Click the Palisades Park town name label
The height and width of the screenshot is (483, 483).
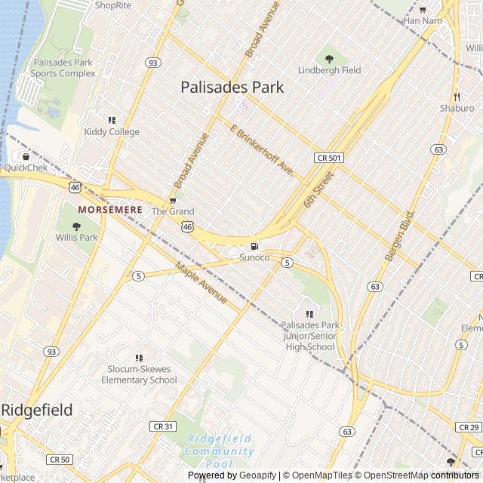232,88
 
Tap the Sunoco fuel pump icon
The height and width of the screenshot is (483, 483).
254,246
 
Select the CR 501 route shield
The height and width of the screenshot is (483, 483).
329,158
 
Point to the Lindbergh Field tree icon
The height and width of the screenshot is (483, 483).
329,58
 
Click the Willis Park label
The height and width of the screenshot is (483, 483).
76,237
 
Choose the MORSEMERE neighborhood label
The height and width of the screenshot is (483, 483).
110,209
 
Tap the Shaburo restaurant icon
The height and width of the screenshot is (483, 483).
457,97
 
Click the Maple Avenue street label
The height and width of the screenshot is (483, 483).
201,284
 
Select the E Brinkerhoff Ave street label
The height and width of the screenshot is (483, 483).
261,151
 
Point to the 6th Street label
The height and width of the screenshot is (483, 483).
318,190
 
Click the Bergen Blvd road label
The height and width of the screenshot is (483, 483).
400,236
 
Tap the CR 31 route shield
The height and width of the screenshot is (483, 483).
163,426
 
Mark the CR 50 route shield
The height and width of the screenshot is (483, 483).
59,459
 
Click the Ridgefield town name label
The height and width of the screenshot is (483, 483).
37,411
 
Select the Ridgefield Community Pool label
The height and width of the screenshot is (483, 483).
220,451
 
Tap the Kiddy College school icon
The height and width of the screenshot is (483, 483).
112,120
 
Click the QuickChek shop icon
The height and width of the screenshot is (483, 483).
26,156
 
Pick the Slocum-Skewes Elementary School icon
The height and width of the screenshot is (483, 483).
139,358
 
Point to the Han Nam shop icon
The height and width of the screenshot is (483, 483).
423,9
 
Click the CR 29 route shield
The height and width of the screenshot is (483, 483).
469,427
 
